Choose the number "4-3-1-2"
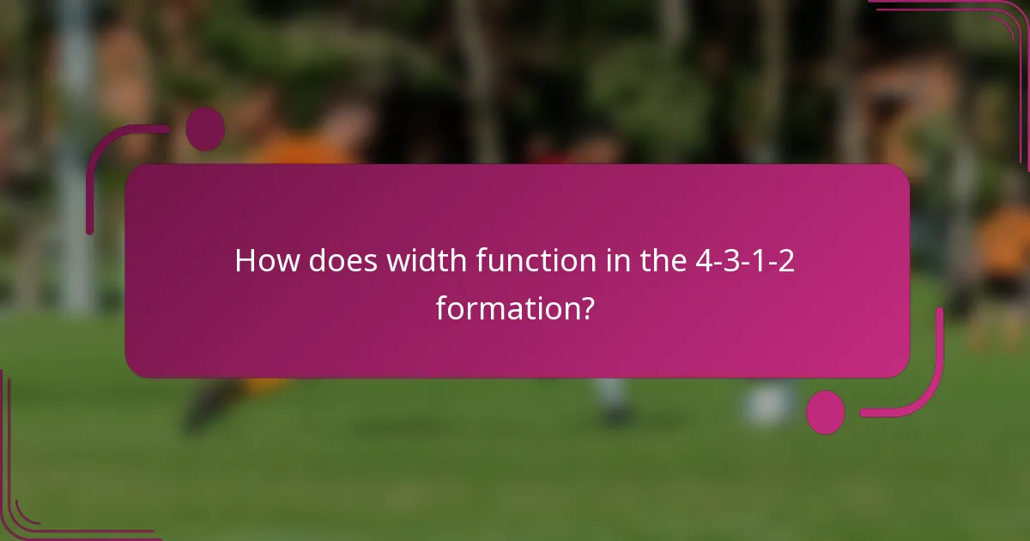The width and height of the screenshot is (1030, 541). click(x=745, y=261)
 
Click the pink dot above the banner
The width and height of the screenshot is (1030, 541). click(x=205, y=129)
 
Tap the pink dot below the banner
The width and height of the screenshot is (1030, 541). click(x=826, y=412)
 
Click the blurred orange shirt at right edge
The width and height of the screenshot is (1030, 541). click(x=1004, y=240)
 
